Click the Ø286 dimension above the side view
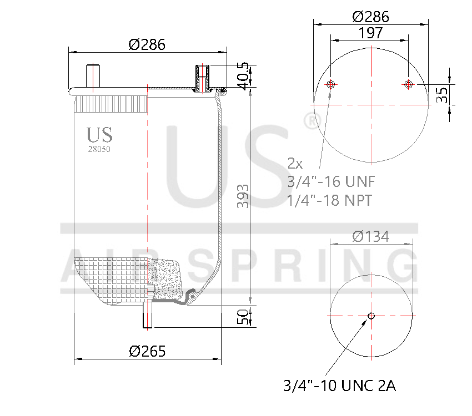147,45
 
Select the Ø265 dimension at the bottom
148,351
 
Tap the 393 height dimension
243,195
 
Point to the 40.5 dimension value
243,75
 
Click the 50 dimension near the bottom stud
243,317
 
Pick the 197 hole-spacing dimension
370,33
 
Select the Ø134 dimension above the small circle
370,237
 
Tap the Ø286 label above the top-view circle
370,17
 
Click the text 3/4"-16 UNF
332,181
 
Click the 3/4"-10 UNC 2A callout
339,385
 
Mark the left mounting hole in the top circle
331,84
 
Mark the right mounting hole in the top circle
409,84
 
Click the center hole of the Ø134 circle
371,316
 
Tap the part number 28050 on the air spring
99,149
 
